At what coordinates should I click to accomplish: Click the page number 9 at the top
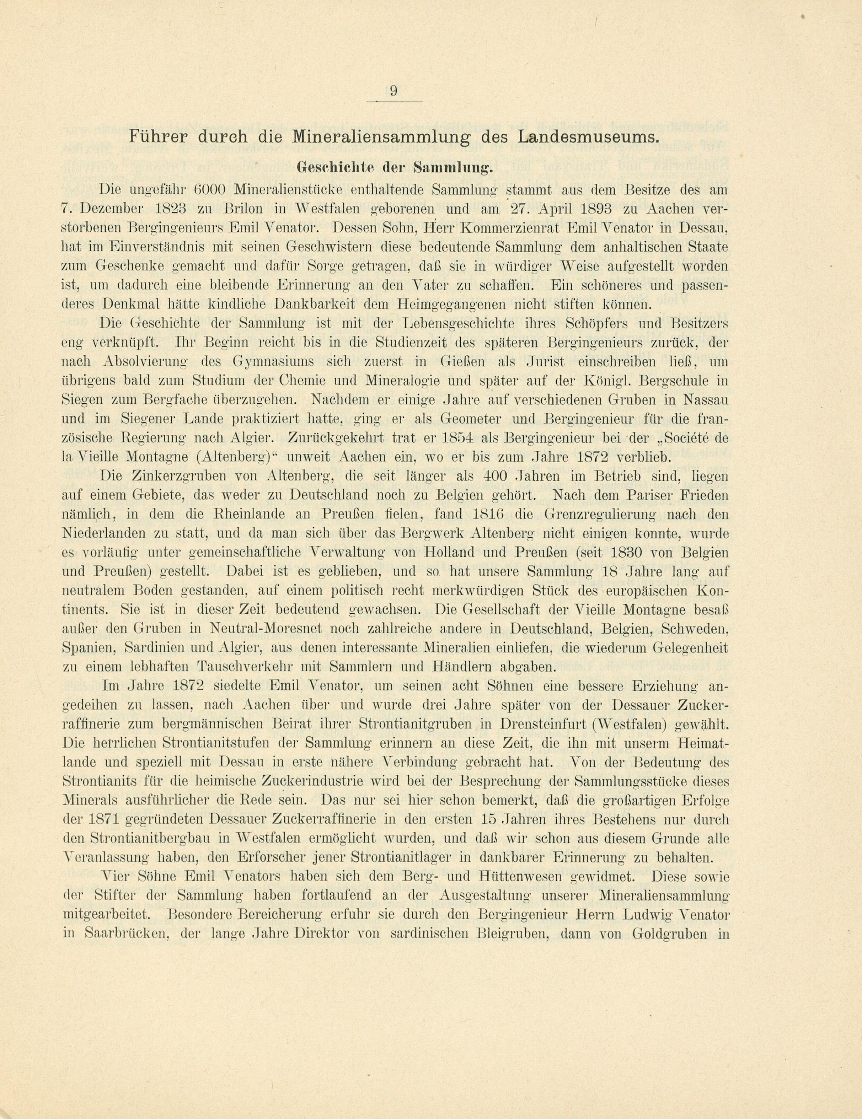point(393,91)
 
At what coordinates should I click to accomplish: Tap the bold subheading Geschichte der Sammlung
point(394,167)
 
